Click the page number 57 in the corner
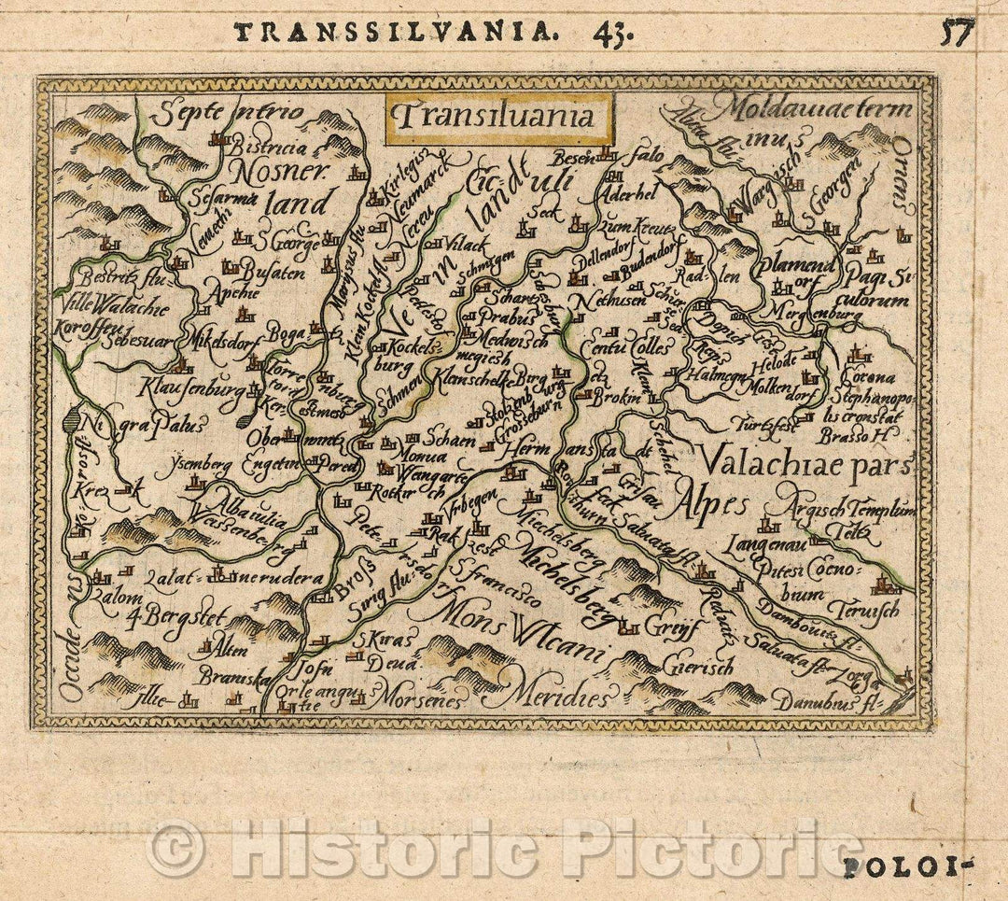tap(957, 34)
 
